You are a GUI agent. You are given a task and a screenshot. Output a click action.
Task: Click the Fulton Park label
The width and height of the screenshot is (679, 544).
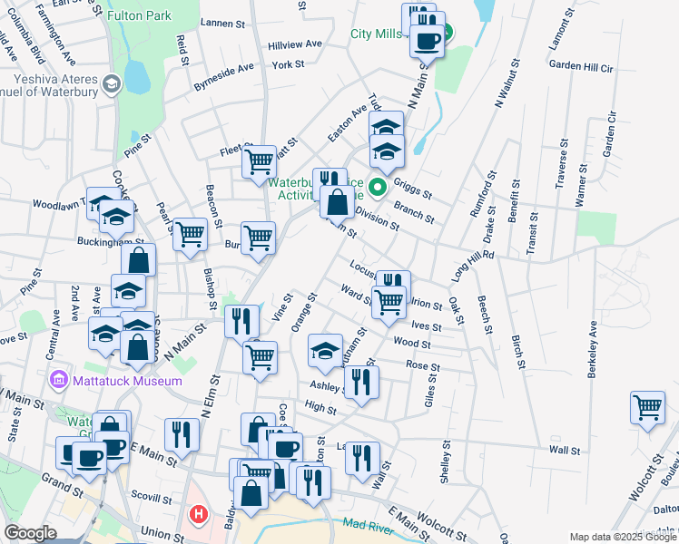coord(139,16)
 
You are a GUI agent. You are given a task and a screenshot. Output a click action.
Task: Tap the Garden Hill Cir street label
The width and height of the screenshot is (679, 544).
coord(581,67)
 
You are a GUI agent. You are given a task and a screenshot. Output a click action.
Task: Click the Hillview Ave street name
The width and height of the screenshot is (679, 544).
coord(295,44)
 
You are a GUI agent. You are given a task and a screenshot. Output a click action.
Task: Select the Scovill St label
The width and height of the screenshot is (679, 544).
coord(151,499)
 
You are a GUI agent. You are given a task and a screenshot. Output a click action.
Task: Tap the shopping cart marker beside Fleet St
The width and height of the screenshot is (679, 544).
coord(260,161)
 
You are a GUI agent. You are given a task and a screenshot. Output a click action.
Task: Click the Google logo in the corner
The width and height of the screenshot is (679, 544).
coord(30,533)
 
